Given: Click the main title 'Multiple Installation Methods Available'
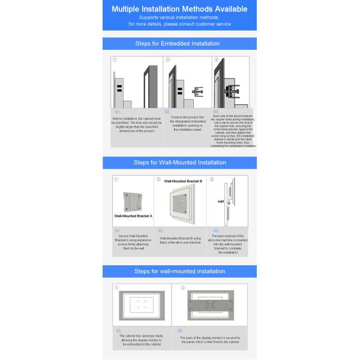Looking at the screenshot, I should (180, 10).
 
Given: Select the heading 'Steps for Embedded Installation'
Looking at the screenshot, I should (180, 43).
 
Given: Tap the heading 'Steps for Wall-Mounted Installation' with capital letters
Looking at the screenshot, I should (180, 162).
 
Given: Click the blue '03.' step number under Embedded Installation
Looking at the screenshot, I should (216, 112).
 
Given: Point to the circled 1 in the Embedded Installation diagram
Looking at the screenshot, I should (115, 60).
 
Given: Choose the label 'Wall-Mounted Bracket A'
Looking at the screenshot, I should (133, 215).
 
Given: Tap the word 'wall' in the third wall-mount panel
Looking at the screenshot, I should (220, 202).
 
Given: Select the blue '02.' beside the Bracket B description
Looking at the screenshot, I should (161, 230).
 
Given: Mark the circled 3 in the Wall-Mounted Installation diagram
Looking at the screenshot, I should (211, 179).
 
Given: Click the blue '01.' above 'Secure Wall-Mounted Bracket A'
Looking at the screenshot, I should (118, 230).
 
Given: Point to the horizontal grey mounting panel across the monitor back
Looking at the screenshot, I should (209, 304).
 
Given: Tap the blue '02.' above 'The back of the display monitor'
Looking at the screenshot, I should (180, 331).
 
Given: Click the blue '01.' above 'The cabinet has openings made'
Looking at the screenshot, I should (118, 331).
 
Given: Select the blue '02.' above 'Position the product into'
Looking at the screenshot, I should (167, 112).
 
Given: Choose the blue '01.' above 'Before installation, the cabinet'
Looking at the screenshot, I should (118, 112).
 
